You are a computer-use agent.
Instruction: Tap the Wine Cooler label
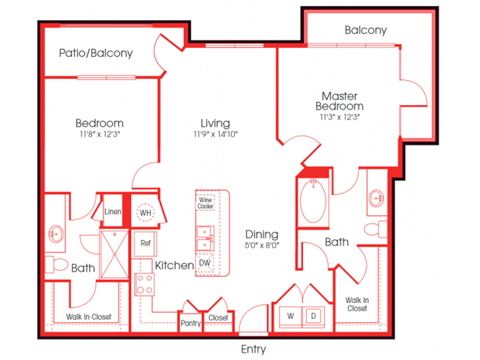point(206,202)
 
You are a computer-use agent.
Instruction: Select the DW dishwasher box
point(206,262)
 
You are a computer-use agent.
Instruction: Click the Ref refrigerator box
point(145,243)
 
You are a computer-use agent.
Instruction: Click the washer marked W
point(291,316)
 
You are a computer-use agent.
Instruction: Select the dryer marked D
point(312,316)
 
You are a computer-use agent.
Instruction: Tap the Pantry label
point(190,322)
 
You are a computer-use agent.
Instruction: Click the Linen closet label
point(113,212)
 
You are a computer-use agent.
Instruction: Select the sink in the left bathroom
point(56,235)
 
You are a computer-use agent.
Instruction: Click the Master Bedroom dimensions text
point(341,117)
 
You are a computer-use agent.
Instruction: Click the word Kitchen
point(175,265)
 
